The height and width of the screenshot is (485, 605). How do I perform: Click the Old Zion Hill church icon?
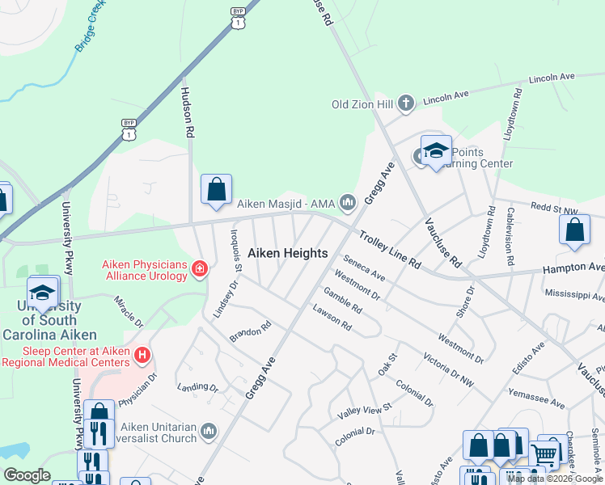point(406,103)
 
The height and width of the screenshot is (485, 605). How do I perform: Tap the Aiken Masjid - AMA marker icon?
point(349,202)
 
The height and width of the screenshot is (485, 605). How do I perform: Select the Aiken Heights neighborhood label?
point(287,253)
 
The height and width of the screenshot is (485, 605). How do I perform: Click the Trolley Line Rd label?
point(390,251)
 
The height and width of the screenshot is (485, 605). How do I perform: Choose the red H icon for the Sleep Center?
point(142,355)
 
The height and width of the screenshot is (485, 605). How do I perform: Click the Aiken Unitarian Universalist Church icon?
point(209,431)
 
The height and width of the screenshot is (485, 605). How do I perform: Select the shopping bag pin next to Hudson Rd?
point(216,190)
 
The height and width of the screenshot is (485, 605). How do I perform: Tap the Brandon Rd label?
point(249,332)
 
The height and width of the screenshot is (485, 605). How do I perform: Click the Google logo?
point(27,475)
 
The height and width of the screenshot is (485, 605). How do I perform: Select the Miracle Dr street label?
point(128,310)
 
